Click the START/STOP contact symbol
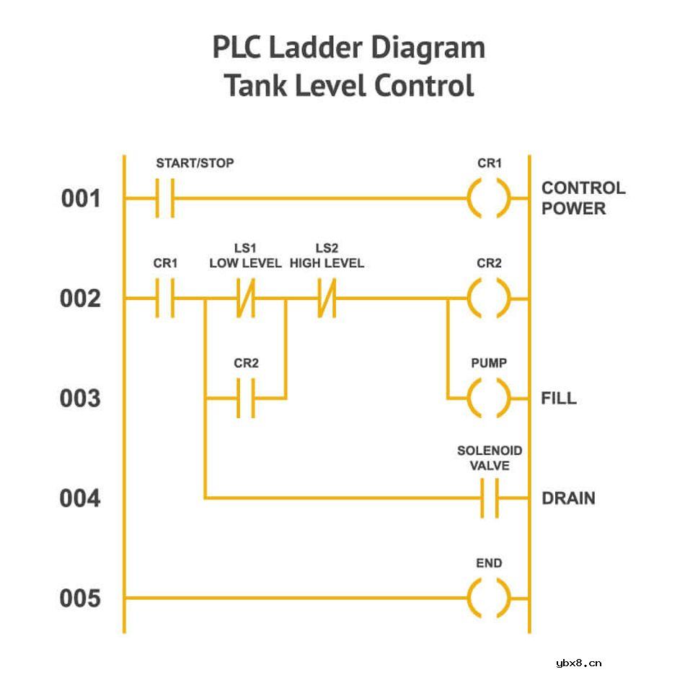(165, 198)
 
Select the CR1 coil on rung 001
(489, 198)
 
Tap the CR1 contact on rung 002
(165, 298)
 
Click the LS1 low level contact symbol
(246, 298)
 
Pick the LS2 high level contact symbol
(327, 298)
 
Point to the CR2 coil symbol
(489, 298)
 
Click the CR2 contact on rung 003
(246, 398)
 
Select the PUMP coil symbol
(489, 398)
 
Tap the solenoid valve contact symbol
(490, 498)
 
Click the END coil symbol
(489, 598)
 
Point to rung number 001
(81, 198)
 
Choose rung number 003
(81, 399)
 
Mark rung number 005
(81, 599)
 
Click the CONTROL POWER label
(583, 198)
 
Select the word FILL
(559, 399)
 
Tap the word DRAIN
(568, 498)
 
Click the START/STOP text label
(195, 163)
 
